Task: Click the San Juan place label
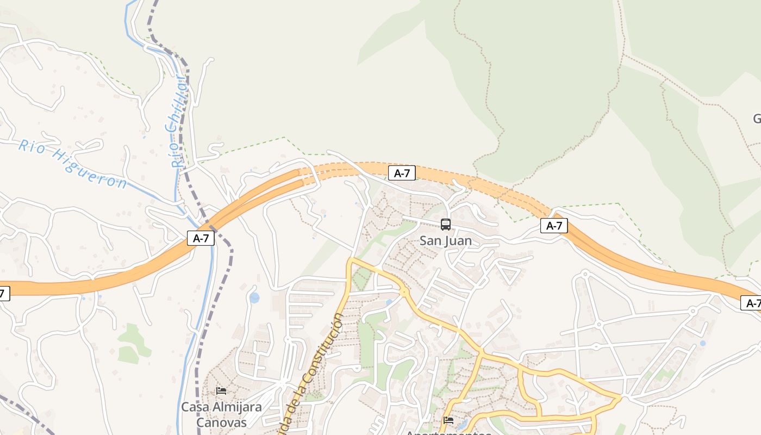click(446, 240)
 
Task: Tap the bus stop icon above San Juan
click(446, 225)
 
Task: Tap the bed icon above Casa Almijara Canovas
click(221, 391)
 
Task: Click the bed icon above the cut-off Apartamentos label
click(448, 420)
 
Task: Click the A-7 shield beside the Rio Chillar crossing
click(201, 238)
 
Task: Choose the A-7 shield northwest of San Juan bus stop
click(402, 173)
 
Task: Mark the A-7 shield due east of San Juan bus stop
click(554, 226)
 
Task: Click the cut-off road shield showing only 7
click(3, 294)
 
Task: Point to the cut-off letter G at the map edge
click(757, 119)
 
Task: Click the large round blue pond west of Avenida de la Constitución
click(254, 298)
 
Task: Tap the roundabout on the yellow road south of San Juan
click(404, 292)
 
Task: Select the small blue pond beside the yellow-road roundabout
click(389, 302)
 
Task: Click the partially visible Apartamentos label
click(448, 433)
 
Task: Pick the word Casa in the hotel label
click(193, 407)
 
